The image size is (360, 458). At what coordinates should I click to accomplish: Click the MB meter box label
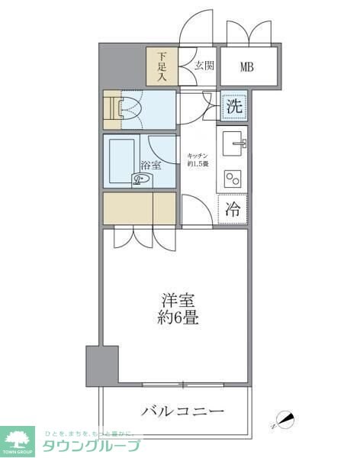(246, 66)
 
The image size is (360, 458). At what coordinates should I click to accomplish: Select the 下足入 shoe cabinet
(162, 66)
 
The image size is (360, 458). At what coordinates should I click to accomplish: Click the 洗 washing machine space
(234, 107)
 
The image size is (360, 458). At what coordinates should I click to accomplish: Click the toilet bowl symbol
(130, 109)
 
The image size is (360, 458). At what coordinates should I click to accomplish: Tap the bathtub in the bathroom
(121, 160)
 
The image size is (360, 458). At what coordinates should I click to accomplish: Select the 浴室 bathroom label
(149, 166)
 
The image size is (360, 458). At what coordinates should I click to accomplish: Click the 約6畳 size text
(180, 318)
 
